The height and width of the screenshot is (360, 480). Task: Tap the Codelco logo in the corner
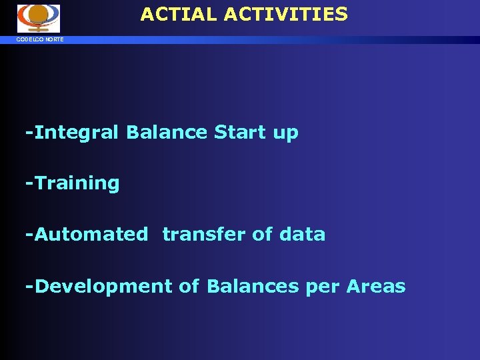click(38, 18)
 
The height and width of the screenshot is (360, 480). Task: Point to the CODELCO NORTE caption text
click(41, 40)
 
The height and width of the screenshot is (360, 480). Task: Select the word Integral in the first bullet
click(77, 133)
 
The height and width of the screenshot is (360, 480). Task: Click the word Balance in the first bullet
click(167, 133)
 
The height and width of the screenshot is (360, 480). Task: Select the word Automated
click(91, 235)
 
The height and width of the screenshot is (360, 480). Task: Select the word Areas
click(376, 287)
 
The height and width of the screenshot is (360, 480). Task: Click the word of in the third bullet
click(262, 235)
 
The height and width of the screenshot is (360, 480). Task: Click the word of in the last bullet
click(189, 287)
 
